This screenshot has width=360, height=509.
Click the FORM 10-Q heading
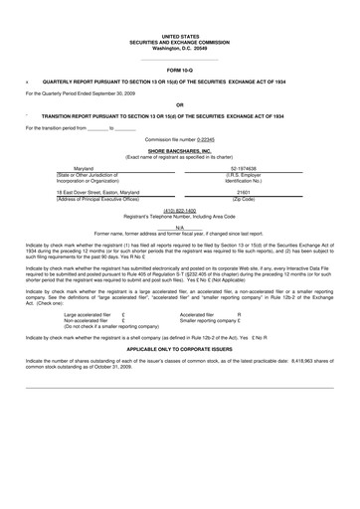[x=179, y=72]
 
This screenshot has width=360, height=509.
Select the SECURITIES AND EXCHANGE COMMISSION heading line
[x=179, y=42]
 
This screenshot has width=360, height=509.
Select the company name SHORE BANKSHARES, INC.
[x=179, y=151]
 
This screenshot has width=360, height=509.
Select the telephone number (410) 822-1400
[x=179, y=212]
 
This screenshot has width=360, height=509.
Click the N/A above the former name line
[x=179, y=228]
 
